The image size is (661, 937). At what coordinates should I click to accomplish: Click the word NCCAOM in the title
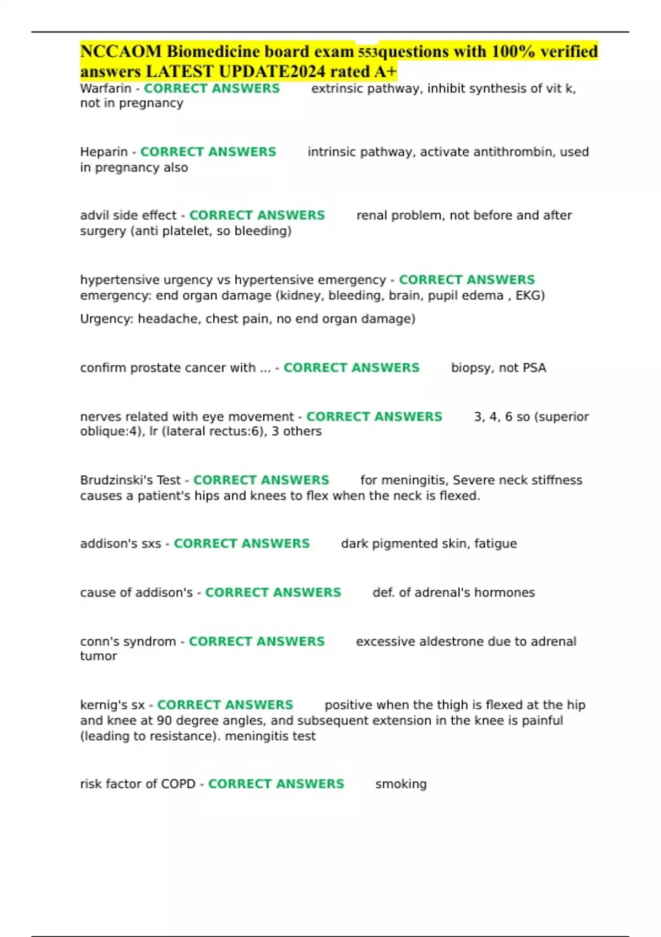point(121,51)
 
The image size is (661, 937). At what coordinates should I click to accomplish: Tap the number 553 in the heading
point(367,53)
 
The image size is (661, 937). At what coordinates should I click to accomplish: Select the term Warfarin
point(106,89)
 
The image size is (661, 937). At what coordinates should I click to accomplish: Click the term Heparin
point(104,152)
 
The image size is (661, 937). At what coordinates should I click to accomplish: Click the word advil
point(92,216)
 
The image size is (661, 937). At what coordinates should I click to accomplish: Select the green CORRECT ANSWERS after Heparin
point(208,152)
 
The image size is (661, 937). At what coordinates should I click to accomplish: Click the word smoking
point(401,784)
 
